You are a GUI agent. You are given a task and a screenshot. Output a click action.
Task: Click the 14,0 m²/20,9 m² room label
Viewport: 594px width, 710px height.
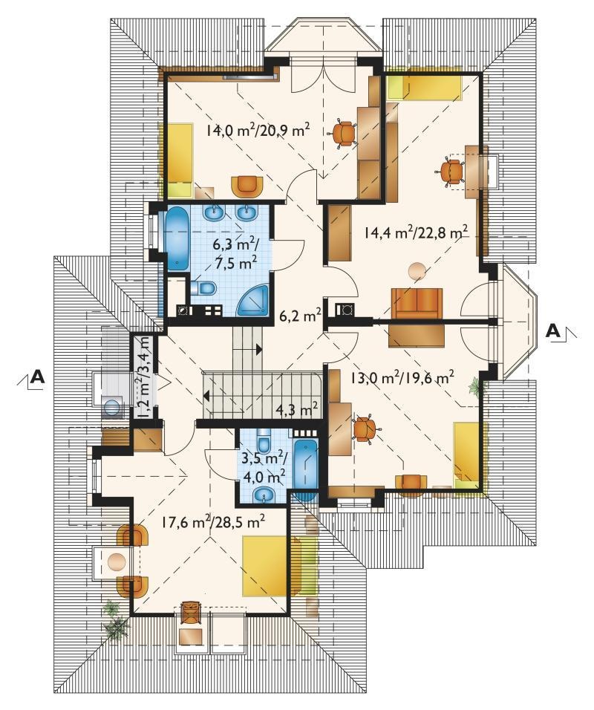[x=258, y=131]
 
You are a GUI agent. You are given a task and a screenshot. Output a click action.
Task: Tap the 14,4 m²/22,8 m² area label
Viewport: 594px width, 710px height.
[x=416, y=233]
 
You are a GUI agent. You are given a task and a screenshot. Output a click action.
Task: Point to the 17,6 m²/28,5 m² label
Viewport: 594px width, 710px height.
[x=213, y=522]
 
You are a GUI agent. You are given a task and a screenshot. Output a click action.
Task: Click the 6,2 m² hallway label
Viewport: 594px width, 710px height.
[x=300, y=316]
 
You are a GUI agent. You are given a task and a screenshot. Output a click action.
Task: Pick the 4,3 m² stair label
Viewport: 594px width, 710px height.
[x=296, y=410]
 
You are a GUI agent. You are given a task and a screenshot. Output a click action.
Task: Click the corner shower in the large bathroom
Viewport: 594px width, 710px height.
[x=252, y=299]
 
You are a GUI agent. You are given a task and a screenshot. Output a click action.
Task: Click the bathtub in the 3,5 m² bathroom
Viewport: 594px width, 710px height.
[x=306, y=468]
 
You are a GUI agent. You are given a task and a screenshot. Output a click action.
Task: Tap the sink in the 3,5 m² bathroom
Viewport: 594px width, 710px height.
[x=264, y=495]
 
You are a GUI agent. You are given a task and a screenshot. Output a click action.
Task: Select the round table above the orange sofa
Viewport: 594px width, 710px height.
[x=417, y=272]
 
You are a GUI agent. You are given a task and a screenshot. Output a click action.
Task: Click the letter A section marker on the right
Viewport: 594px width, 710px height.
[x=553, y=330]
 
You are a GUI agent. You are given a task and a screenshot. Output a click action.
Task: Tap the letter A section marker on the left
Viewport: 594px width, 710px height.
[x=38, y=377]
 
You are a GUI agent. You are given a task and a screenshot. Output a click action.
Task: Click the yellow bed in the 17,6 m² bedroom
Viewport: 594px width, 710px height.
[x=266, y=566]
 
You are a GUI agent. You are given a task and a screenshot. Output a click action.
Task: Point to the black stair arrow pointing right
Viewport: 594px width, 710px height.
[x=259, y=349]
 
